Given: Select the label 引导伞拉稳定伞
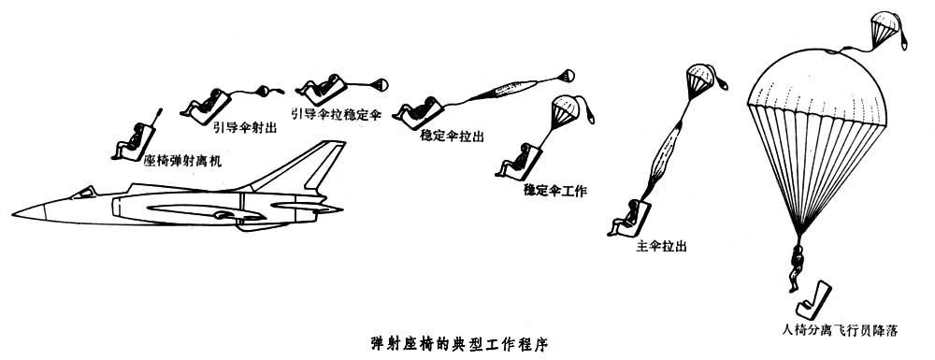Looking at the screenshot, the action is pyautogui.click(x=336, y=114).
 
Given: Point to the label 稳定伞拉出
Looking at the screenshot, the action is pyautogui.click(x=452, y=136).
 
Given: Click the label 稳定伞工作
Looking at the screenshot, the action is pyautogui.click(x=555, y=191).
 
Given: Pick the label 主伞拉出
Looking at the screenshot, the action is pyautogui.click(x=661, y=246).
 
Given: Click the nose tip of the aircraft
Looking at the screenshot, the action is pyautogui.click(x=12, y=212).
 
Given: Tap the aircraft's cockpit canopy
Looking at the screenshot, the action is pyautogui.click(x=83, y=192).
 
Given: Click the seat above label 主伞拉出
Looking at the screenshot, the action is pyautogui.click(x=630, y=218).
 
